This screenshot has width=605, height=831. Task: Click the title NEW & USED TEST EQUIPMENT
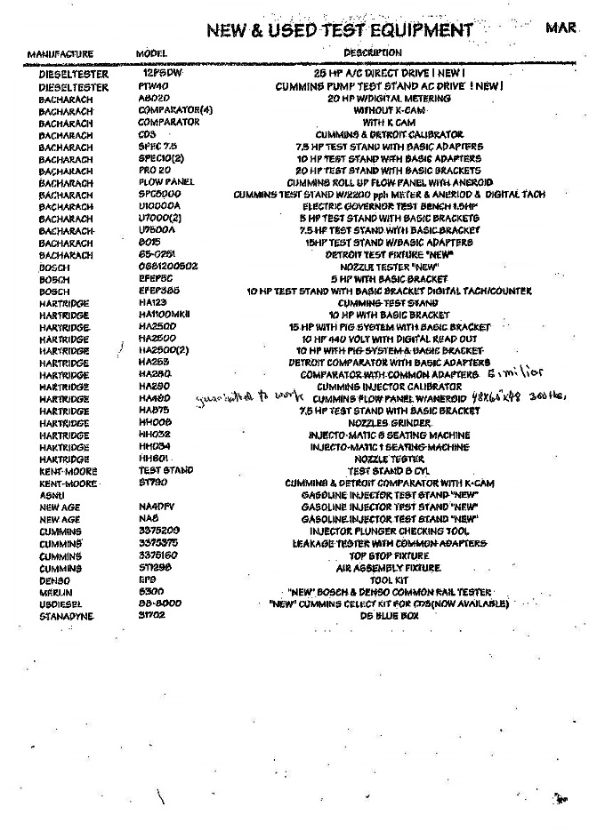(339, 31)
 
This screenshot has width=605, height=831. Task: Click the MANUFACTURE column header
(60, 54)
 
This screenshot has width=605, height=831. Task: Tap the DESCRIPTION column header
(373, 52)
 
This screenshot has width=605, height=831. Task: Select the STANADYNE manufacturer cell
(67, 615)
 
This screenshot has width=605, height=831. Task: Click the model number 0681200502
(168, 267)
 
